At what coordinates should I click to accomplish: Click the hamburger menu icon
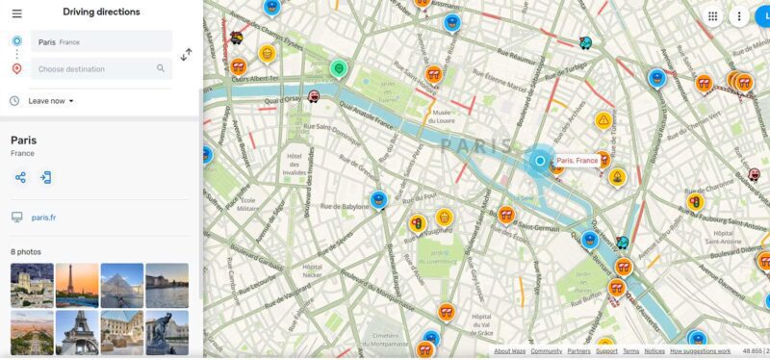(x=16, y=13)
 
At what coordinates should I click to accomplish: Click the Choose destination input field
(x=94, y=69)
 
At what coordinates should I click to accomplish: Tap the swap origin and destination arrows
(x=186, y=55)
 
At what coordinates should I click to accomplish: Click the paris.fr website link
(x=43, y=219)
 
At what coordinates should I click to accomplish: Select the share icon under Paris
(x=20, y=177)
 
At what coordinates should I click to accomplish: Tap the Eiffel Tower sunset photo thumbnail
(x=77, y=285)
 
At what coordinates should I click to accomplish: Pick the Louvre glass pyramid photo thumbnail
(x=121, y=285)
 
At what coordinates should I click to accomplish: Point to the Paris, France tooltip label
(x=577, y=161)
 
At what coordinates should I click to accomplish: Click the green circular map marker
(x=338, y=69)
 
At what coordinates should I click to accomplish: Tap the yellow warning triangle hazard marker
(x=603, y=121)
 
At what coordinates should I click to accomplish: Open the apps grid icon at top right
(x=712, y=16)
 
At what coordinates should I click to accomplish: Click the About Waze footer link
(x=509, y=351)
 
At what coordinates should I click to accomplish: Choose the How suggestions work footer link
(x=701, y=351)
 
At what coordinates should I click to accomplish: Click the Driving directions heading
(x=101, y=13)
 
